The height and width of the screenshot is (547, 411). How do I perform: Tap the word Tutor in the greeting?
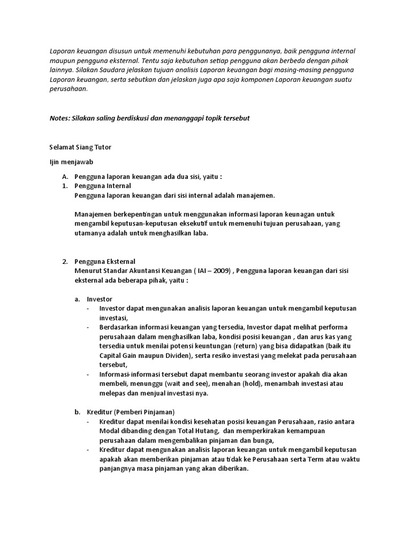pos(102,146)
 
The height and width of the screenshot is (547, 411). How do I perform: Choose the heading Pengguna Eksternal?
pos(105,262)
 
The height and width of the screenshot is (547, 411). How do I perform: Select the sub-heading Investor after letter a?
pos(100,299)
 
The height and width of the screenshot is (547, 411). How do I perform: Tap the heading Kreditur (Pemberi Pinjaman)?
pos(131,412)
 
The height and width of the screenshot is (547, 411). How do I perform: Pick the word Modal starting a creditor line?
pos(110,431)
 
